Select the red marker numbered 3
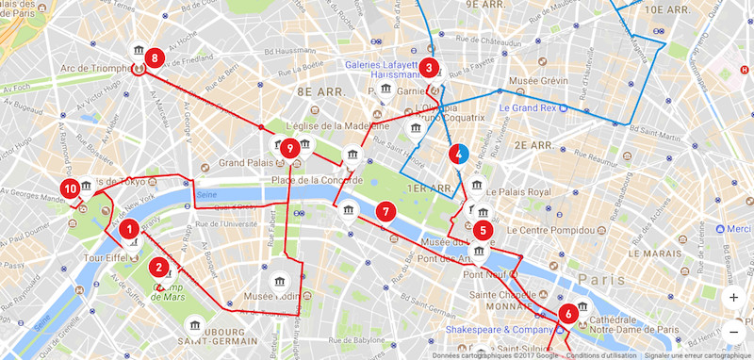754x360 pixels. [x=429, y=68]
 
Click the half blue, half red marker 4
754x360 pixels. [x=459, y=155]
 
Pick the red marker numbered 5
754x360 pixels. [x=483, y=229]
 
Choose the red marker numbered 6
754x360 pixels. [x=567, y=314]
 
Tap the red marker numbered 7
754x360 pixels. [x=384, y=211]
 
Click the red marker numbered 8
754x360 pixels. [x=154, y=58]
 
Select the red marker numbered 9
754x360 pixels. [x=290, y=148]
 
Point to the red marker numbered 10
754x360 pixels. [x=70, y=188]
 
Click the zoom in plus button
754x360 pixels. [x=733, y=297]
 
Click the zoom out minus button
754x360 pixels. [x=733, y=331]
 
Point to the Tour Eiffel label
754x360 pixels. [x=106, y=258]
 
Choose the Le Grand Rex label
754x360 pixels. [x=526, y=108]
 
